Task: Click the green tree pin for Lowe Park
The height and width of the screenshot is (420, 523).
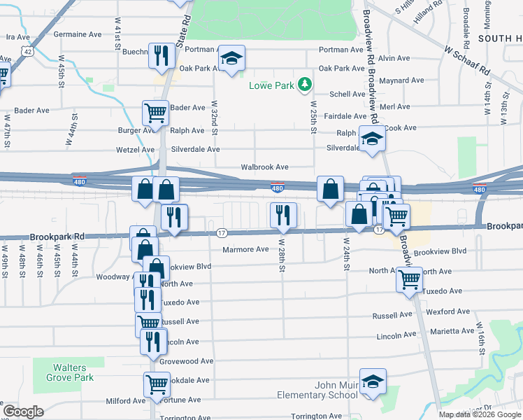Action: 304,85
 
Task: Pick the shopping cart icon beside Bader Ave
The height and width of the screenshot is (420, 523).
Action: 155,112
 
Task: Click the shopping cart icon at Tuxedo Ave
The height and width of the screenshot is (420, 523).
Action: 409,280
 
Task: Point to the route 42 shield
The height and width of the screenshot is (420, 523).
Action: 27,51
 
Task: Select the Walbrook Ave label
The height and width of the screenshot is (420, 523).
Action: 265,167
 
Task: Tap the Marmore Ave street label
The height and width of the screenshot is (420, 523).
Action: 245,249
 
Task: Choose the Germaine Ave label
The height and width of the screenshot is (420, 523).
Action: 78,34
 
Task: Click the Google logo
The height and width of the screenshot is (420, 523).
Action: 24,412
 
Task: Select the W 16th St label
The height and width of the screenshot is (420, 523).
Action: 480,336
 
